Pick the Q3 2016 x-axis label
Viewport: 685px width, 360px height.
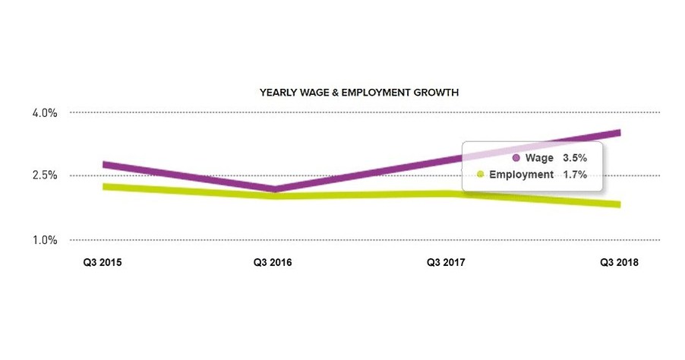(x=273, y=263)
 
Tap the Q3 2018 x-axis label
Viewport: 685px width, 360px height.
(x=619, y=263)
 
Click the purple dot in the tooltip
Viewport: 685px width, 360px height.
(x=517, y=158)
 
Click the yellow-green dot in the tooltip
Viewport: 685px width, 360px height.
(x=481, y=175)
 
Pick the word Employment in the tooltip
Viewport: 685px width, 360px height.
(x=521, y=175)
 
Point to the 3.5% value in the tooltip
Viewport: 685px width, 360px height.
(x=575, y=158)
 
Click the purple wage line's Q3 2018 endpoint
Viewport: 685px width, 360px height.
(x=619, y=133)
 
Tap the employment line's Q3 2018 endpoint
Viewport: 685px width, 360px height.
(x=619, y=204)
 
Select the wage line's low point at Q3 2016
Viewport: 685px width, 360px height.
(x=273, y=189)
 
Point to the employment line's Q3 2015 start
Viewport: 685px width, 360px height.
(x=105, y=186)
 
